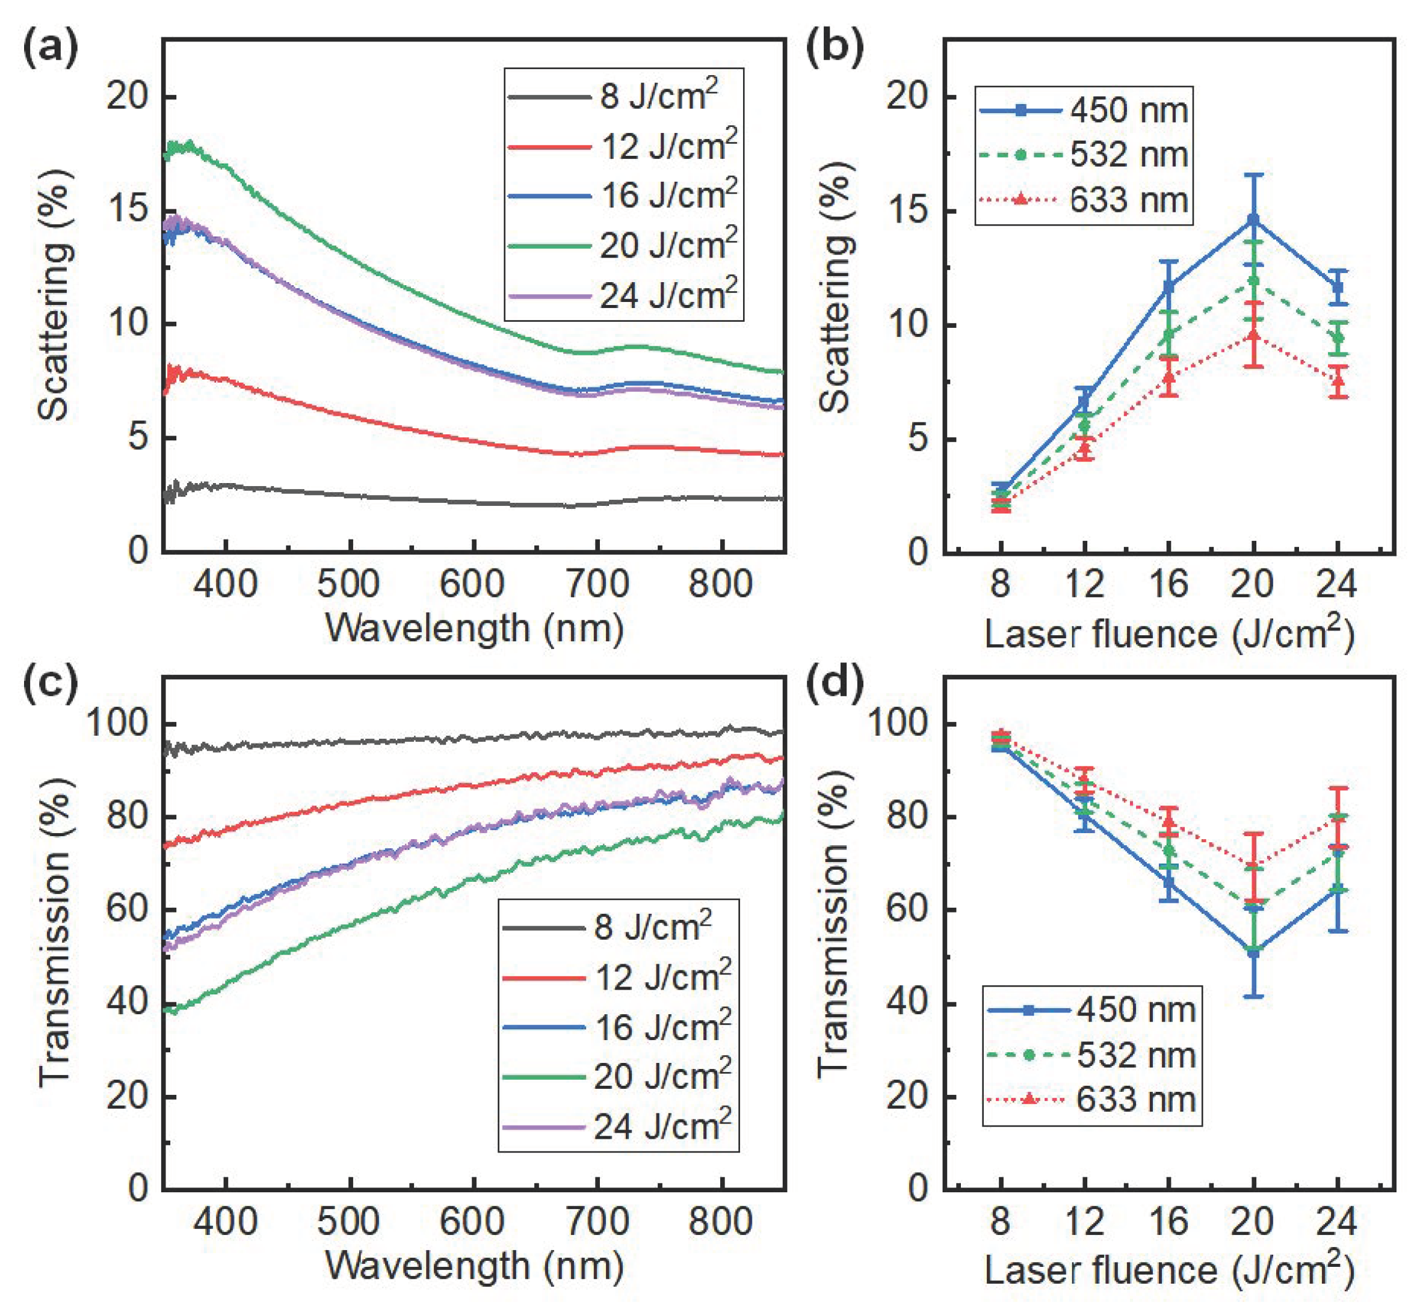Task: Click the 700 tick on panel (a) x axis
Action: pyautogui.click(x=597, y=585)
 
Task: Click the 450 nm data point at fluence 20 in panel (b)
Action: pyautogui.click(x=1253, y=219)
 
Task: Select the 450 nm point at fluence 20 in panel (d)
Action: pyautogui.click(x=1253, y=950)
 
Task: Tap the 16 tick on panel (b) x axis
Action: pyautogui.click(x=1169, y=585)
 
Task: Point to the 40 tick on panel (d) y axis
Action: pyautogui.click(x=907, y=1004)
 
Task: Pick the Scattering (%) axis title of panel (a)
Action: pyautogui.click(x=55, y=295)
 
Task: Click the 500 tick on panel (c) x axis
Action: pyautogui.click(x=349, y=1221)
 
